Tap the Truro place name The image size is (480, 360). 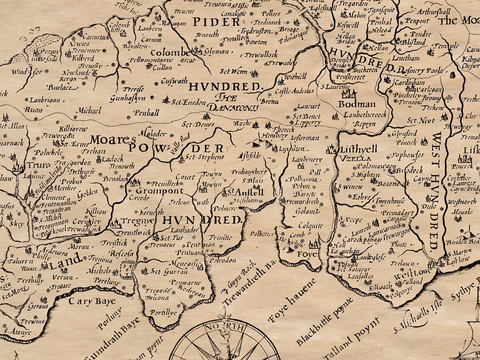39,165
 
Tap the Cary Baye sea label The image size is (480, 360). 92,301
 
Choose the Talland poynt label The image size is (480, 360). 352,338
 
